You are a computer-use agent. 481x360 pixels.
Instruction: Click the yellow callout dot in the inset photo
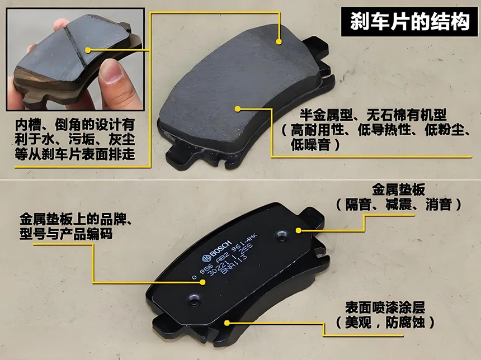(x=87, y=50)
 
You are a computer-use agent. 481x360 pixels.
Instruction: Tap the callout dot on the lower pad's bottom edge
(x=227, y=322)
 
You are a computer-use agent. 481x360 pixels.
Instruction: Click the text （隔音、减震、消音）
(x=399, y=205)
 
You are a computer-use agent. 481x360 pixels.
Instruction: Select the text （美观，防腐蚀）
(x=385, y=323)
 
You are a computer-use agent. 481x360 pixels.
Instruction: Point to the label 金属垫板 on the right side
(x=398, y=189)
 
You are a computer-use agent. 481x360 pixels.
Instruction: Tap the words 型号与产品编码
(x=66, y=234)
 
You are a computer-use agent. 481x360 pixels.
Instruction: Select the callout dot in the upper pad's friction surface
(x=238, y=109)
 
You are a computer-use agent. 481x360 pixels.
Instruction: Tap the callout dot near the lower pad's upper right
(x=299, y=229)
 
